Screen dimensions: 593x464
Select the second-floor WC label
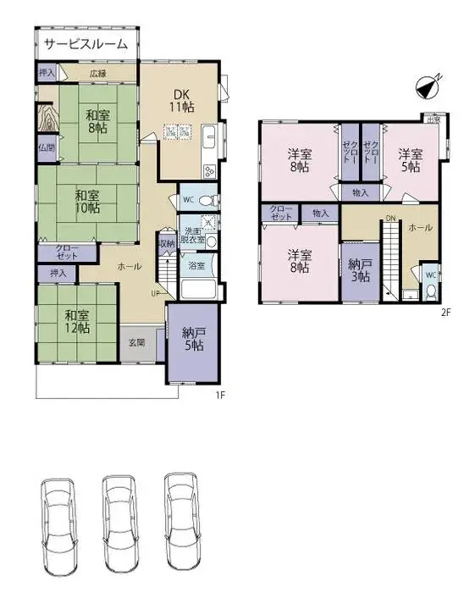[430, 275]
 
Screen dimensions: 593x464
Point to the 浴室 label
[195, 265]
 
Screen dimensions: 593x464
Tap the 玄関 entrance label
[136, 342]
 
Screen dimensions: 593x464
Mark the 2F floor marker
[445, 311]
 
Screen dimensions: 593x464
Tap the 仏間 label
[46, 147]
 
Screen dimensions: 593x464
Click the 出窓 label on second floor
[434, 120]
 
